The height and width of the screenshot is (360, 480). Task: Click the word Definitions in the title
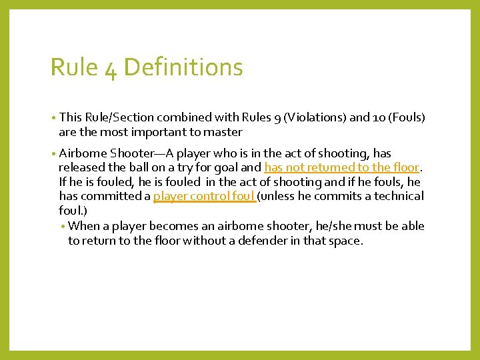click(183, 67)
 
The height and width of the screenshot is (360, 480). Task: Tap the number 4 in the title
click(111, 69)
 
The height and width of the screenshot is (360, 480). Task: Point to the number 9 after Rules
click(277, 118)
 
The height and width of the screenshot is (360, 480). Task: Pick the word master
click(221, 132)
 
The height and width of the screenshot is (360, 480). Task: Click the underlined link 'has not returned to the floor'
click(342, 167)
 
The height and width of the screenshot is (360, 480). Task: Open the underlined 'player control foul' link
click(204, 196)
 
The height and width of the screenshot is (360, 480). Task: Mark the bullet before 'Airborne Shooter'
click(53, 153)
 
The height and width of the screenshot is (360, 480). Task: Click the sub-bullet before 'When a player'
click(63, 227)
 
